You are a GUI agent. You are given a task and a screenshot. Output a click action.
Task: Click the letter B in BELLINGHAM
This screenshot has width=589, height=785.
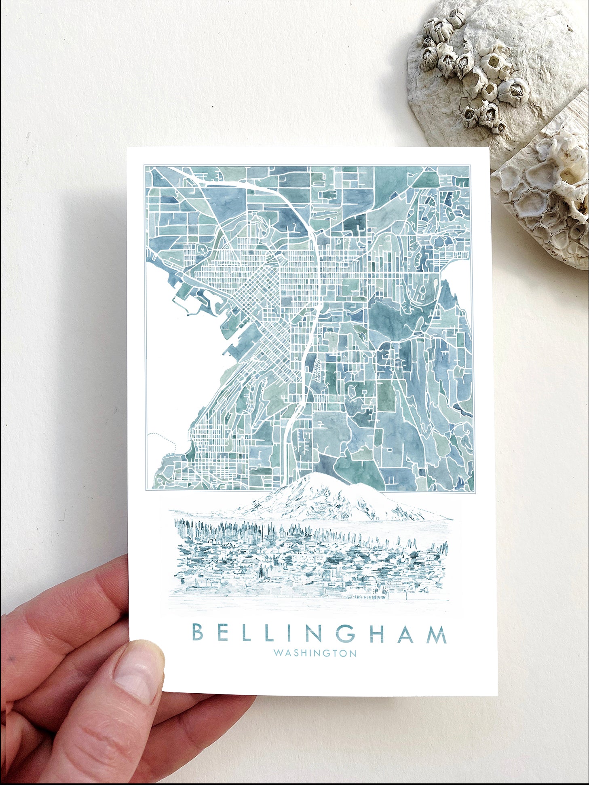(x=197, y=633)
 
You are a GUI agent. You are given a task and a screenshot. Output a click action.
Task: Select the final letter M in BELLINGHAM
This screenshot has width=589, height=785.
(x=437, y=634)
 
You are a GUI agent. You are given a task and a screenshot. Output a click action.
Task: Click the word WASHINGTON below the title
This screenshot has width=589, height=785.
(x=315, y=653)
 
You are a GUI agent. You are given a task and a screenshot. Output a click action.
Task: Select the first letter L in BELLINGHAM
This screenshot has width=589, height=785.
(x=247, y=633)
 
